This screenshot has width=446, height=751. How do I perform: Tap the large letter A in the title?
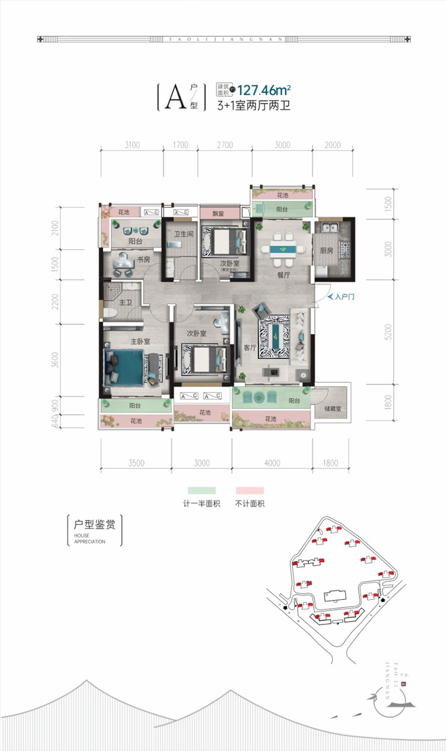174,98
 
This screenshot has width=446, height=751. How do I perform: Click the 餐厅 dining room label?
284,275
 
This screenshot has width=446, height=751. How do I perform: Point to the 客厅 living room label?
249,347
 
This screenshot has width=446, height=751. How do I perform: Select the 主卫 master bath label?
125,302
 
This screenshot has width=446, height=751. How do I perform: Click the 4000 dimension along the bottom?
273,463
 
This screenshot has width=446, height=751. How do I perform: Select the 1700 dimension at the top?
180,146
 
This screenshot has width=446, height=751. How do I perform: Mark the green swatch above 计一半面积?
202,490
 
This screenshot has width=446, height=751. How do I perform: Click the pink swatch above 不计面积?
249,490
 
